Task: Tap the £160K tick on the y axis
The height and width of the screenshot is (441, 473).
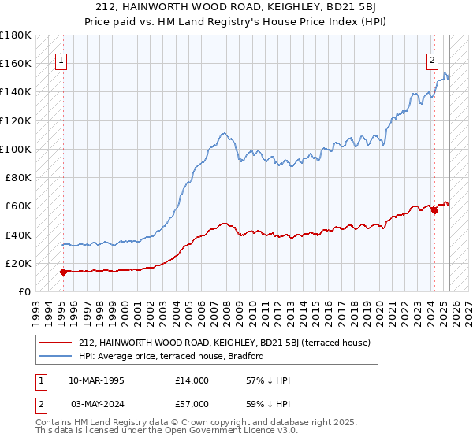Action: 16,63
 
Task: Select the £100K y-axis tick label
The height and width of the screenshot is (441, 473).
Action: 16,149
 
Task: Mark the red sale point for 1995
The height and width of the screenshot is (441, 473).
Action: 63,272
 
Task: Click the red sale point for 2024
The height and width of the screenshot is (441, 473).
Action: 434,210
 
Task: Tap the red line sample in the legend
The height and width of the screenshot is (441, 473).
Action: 55,343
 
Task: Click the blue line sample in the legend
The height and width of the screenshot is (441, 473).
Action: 55,355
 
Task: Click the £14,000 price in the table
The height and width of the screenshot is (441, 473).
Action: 192,380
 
